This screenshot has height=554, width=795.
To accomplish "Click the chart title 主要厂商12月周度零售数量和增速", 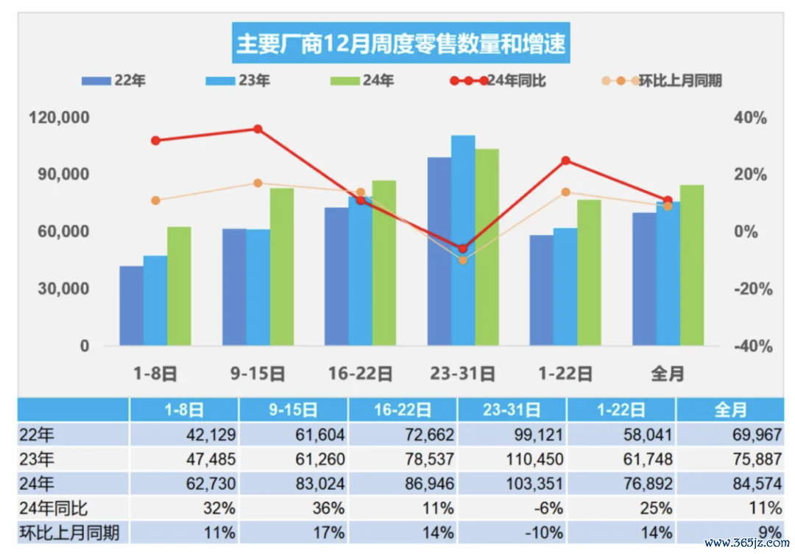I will click(401, 43).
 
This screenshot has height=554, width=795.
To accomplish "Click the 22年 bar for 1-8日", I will click(131, 306).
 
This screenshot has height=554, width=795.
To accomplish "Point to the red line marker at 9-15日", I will click(258, 129).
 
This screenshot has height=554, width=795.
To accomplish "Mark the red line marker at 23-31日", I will click(463, 248).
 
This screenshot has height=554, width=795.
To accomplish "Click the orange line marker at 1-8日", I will click(155, 200).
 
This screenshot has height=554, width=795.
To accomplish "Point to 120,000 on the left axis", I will click(59, 118).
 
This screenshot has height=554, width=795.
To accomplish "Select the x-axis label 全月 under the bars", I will click(668, 374).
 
